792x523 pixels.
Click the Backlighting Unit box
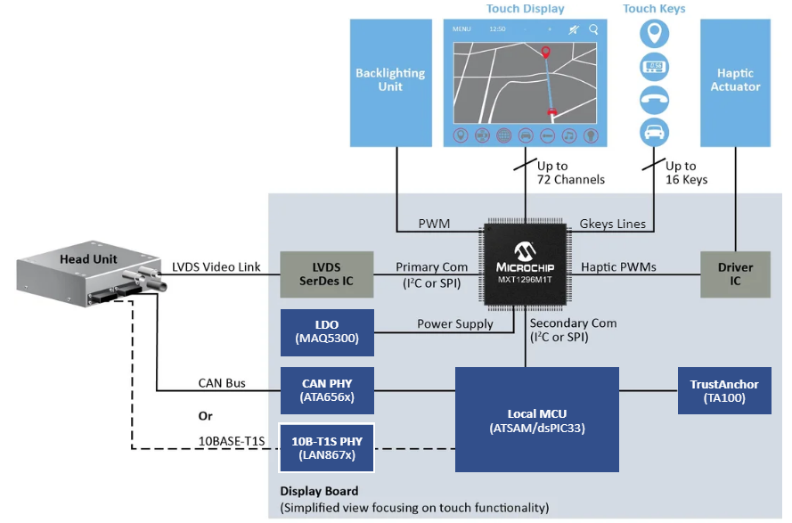click(390, 81)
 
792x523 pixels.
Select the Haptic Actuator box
click(735, 81)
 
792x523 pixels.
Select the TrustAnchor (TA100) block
click(724, 391)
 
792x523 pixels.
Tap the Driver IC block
click(735, 274)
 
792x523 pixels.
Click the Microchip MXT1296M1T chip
click(524, 266)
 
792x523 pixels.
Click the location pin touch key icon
click(655, 35)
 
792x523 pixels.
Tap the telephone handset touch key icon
click(655, 98)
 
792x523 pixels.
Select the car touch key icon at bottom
click(655, 131)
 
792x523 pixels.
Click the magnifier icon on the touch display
click(593, 29)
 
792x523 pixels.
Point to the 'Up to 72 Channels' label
click(570, 173)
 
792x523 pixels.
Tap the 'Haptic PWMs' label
click(618, 267)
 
